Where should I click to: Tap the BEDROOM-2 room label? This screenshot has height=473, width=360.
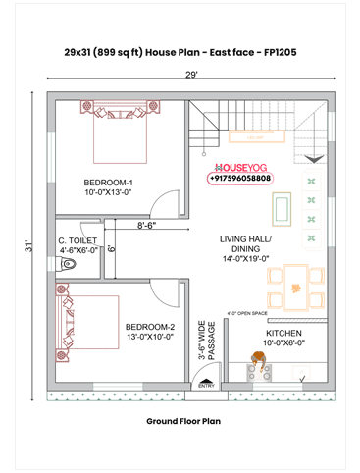(x=149, y=332)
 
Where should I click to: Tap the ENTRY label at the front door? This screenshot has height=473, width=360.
(x=206, y=386)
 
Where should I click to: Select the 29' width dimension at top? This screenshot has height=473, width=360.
(x=191, y=75)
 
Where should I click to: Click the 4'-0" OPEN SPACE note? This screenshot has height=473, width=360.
(x=247, y=314)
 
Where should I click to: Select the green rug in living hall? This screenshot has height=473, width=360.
(x=282, y=208)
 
